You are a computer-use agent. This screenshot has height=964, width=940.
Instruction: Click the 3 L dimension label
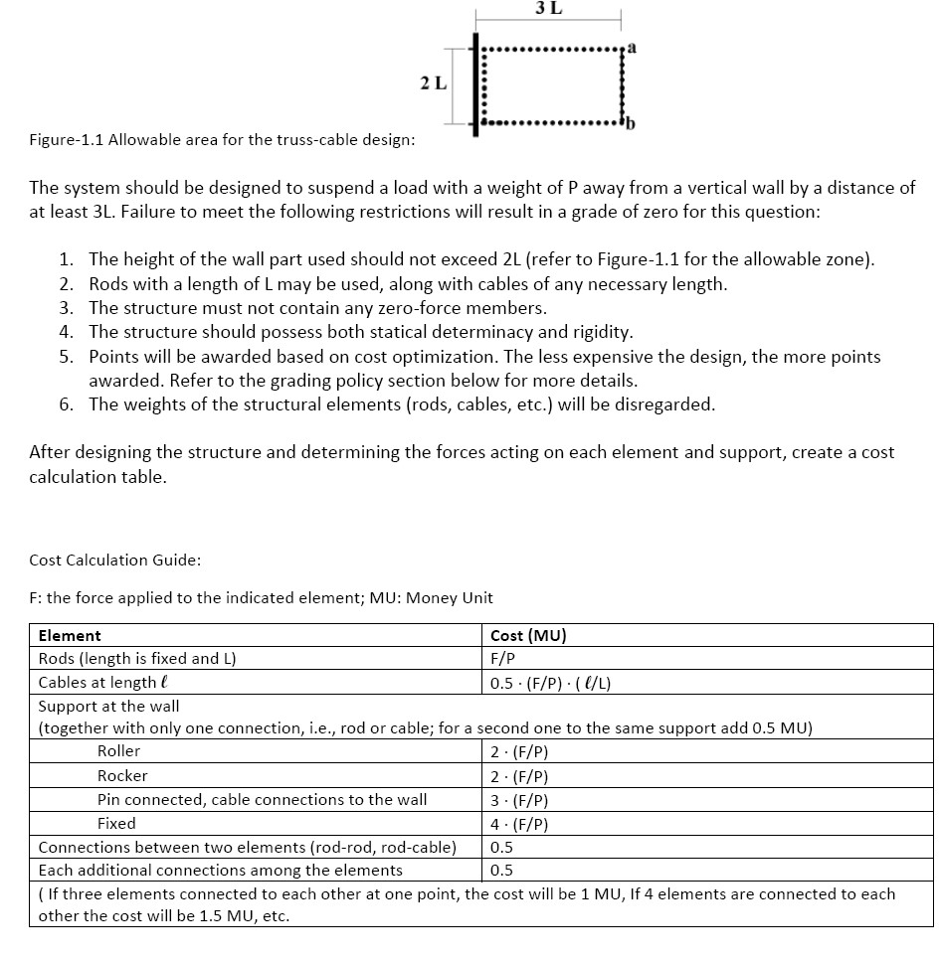point(548,9)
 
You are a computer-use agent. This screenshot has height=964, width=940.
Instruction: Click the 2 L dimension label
point(432,83)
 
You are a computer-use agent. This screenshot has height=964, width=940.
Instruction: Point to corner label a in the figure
point(632,47)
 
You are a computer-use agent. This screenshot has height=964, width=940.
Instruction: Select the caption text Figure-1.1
point(66,139)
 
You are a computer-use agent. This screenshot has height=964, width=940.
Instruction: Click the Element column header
point(70,635)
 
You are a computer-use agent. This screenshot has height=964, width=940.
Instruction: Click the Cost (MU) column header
point(528,635)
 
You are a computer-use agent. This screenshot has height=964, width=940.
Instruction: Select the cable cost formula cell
point(557,682)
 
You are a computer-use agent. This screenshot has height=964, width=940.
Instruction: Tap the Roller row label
point(118,751)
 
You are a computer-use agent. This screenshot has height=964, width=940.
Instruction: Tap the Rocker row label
point(122,775)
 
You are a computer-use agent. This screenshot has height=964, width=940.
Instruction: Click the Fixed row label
point(116,823)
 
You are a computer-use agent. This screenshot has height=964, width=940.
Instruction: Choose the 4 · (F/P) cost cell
point(520,823)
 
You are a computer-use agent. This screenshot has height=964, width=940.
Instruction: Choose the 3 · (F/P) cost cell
point(520,799)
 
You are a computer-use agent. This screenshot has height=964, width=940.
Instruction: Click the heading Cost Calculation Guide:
point(115,560)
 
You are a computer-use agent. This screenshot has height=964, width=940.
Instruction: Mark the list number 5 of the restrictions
point(65,356)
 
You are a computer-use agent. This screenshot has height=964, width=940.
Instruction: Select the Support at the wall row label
point(108,706)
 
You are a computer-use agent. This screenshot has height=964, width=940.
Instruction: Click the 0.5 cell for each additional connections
point(502,871)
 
